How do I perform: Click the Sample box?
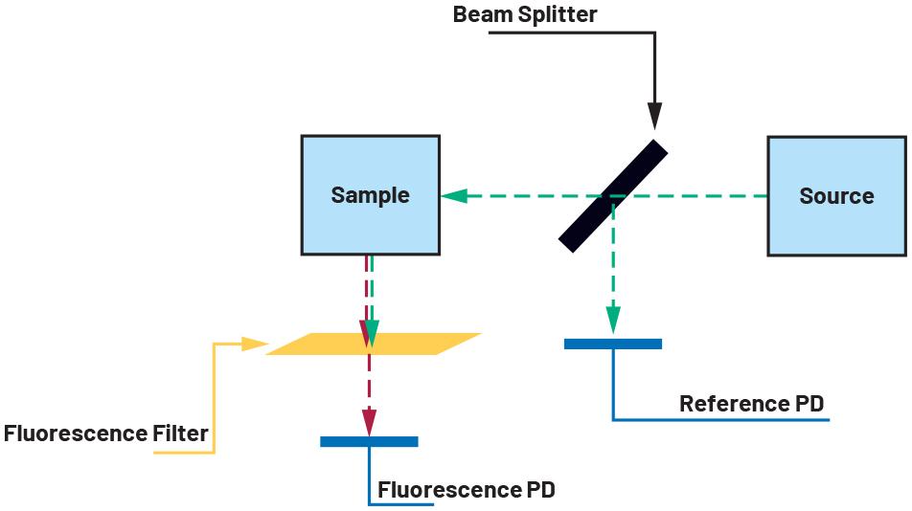point(371,195)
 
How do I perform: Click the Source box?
point(837,196)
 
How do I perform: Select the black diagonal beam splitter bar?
point(613,195)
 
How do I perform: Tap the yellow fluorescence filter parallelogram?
point(374,344)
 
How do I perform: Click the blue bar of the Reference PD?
point(613,344)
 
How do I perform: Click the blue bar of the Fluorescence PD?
point(370,441)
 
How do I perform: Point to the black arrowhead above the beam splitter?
point(655,116)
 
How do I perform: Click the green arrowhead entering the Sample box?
point(454,195)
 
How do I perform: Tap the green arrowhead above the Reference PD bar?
point(613,321)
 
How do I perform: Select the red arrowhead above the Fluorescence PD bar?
point(370,422)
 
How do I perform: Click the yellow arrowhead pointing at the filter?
point(255,344)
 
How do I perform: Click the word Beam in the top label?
point(482,14)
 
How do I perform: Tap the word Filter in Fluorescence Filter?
point(180,433)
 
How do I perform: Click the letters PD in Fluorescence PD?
point(541,490)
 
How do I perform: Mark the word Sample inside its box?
point(371,195)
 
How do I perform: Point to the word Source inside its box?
point(837,196)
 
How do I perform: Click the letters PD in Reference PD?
point(809,403)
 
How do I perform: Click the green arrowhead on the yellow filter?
point(373,334)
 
